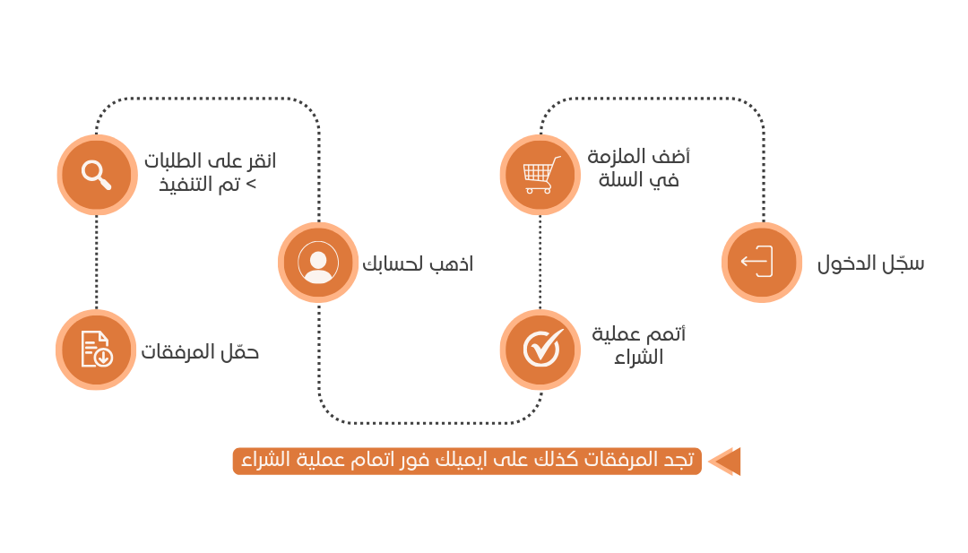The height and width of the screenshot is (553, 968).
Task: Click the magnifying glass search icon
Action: coord(97,174)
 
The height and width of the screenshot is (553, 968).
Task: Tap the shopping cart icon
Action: coord(540,174)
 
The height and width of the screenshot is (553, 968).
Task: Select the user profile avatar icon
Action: coord(318,263)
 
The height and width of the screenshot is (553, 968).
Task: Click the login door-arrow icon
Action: coord(761,263)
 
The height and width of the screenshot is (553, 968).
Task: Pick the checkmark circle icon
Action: coord(540,350)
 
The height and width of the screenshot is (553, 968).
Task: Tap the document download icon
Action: coord(96,350)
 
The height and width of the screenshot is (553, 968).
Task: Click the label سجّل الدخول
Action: coord(870,264)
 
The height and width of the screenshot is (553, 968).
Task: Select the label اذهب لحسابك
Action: coord(417,264)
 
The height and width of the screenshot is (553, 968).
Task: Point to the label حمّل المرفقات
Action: coord(200,351)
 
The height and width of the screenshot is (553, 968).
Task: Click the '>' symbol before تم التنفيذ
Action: coord(251,185)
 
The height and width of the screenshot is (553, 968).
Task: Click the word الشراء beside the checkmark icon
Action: coord(638,357)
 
